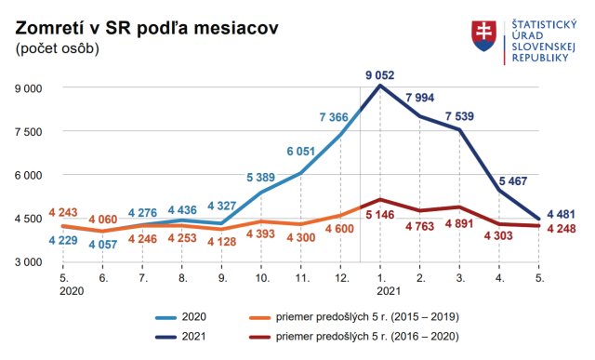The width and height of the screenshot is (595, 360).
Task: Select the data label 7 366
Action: tap(334, 117)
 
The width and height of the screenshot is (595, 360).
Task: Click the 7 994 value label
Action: tap(422, 99)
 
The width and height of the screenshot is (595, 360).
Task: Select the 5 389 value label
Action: tap(261, 177)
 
